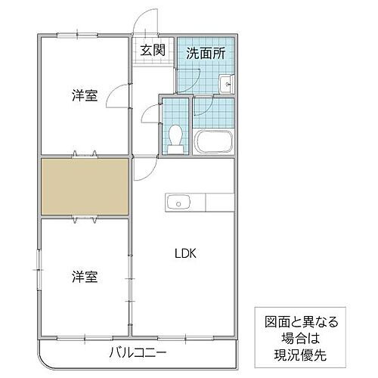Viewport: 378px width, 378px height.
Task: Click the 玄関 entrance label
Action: [152, 51]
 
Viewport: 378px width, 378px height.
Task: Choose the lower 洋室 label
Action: [85, 276]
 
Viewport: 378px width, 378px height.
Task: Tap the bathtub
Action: [213, 141]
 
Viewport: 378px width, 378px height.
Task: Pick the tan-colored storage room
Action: [84, 185]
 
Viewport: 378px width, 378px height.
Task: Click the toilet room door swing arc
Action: [149, 115]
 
